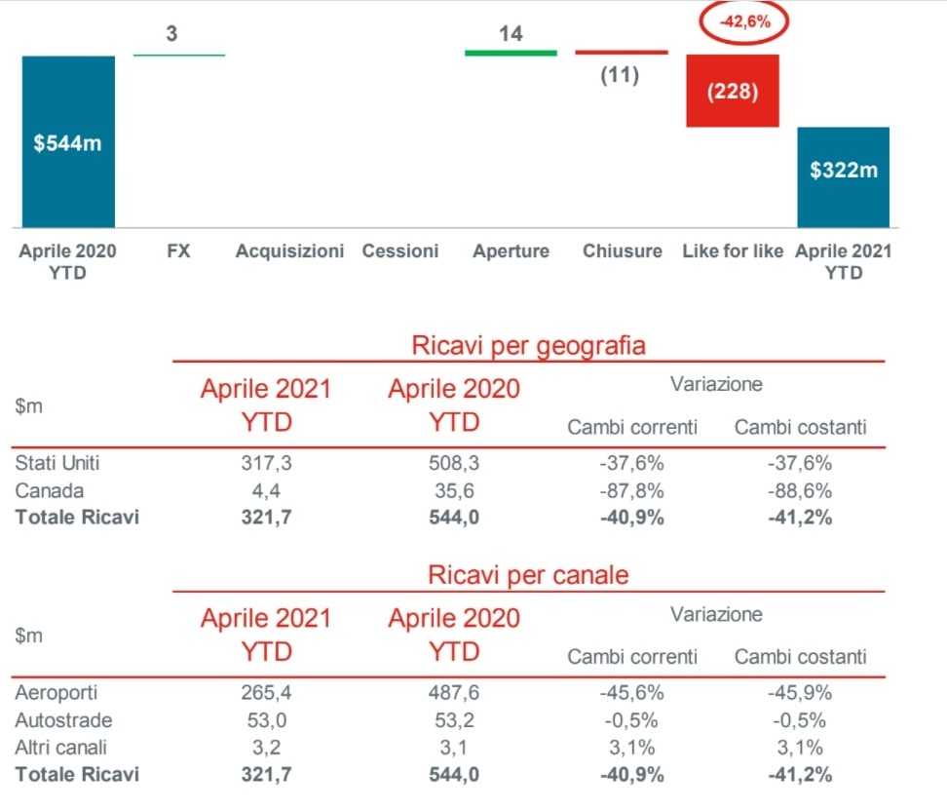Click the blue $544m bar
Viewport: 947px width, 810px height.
click(x=68, y=141)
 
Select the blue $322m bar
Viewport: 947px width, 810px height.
click(x=843, y=175)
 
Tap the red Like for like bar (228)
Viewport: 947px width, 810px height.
click(x=732, y=91)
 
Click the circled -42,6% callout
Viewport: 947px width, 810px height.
click(x=743, y=22)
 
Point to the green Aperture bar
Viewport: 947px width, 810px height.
click(x=511, y=52)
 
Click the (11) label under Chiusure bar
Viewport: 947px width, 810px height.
click(x=620, y=75)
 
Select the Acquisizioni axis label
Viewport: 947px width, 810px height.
click(x=289, y=251)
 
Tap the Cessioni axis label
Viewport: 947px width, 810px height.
click(x=400, y=251)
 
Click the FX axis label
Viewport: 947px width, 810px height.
click(x=178, y=251)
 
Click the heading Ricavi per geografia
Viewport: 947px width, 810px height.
click(x=528, y=345)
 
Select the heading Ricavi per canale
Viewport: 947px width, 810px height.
click(x=528, y=575)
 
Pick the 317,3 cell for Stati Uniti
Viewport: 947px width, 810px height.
click(x=266, y=464)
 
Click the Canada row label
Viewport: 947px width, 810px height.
click(x=50, y=490)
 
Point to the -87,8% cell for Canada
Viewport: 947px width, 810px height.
click(x=631, y=490)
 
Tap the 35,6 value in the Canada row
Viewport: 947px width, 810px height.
click(x=454, y=490)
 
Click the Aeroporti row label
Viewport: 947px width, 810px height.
click(x=57, y=693)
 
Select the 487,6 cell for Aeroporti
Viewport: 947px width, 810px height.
click(x=454, y=693)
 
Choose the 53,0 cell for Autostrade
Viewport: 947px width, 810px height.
click(x=266, y=720)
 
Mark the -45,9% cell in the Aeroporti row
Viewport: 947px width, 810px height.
click(x=799, y=693)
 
